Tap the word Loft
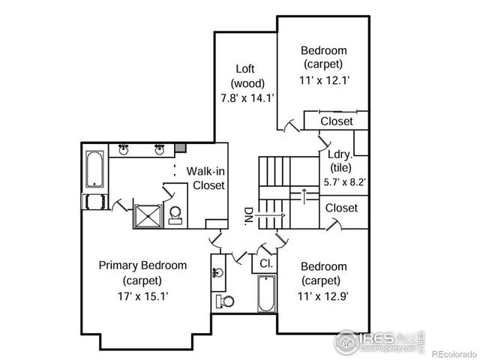pos(243,68)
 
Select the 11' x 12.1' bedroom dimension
pos(323,79)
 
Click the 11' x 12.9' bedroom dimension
pos(323,295)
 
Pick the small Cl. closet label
pos(265,264)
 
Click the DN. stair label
pos(248,217)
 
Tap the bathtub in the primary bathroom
pos(94,171)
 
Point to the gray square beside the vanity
pos(181,148)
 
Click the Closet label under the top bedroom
pos(337,121)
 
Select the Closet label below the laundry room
pos(342,208)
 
